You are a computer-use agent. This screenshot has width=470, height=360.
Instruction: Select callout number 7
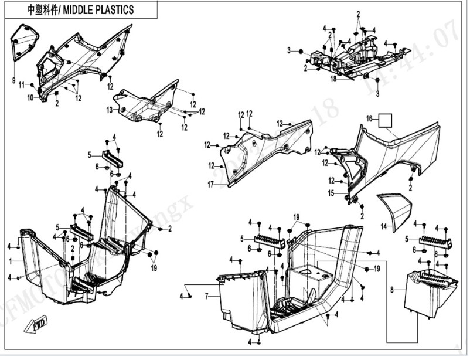coord(206,297)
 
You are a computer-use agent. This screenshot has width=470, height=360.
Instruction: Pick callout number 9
coord(13,80)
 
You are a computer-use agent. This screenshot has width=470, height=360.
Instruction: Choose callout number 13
coord(109,110)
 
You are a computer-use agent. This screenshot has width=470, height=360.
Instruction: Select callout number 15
coord(331,193)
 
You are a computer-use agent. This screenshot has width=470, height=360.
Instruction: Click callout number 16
coord(370,118)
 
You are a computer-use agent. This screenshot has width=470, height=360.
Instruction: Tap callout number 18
coord(333,79)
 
